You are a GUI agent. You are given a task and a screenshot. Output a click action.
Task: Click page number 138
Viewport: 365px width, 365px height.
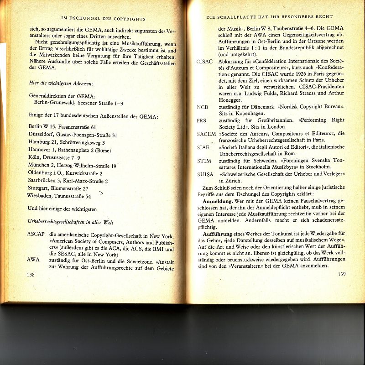[x=31, y=275]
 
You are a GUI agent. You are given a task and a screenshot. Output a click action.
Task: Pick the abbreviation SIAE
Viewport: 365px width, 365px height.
[x=203, y=147]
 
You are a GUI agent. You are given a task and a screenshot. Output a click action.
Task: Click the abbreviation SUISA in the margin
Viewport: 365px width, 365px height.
[x=205, y=175]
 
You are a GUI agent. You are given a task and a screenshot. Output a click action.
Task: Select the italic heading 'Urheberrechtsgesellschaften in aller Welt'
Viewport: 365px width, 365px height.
[x=70, y=222]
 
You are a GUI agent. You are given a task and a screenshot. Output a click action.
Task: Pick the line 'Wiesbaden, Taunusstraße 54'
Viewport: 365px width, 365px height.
[x=59, y=196]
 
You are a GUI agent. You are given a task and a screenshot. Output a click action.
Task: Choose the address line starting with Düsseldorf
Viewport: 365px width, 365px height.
[x=73, y=135]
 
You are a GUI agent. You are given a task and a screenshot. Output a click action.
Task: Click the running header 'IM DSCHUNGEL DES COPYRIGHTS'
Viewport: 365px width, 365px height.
[x=104, y=19]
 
